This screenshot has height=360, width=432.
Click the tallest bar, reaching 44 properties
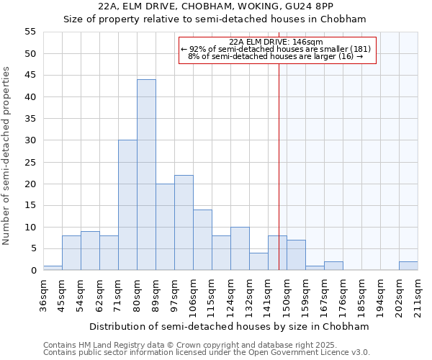pos(146,175)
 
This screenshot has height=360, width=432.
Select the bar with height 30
pos(127,205)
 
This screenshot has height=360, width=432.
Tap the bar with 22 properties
pos(184,222)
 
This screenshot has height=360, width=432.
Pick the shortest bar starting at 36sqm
pos(53,268)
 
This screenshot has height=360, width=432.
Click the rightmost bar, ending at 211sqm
pos(408,266)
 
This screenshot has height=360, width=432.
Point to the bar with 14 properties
pos(202,240)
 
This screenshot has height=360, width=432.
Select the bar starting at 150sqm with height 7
pos(296,255)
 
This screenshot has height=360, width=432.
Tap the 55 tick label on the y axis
pos(30,32)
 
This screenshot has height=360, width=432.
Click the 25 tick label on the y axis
pos(30,162)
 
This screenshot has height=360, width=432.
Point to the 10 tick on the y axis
pos(30,227)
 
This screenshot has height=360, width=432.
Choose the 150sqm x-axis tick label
pos(287,293)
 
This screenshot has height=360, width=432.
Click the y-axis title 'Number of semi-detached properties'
pos(6,156)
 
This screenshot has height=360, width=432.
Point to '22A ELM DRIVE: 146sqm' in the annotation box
pos(276,42)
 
